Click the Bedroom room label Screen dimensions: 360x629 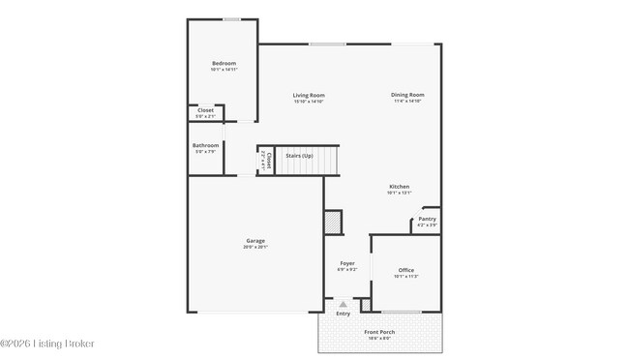(x=224, y=63)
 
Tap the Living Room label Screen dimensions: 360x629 (x=309, y=95)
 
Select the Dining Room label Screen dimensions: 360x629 (x=407, y=95)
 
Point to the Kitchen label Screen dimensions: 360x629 (x=399, y=186)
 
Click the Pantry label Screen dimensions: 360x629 (x=427, y=219)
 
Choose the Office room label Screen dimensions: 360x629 (x=405, y=270)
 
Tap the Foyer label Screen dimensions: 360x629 (x=346, y=263)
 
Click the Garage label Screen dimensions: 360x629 (x=255, y=241)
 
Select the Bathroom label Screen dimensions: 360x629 (x=205, y=145)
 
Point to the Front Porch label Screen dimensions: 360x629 (x=377, y=332)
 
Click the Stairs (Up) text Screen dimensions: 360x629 (x=300, y=156)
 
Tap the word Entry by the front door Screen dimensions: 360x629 (x=343, y=314)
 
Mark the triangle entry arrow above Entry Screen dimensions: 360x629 (x=343, y=304)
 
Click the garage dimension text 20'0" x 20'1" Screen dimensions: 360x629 (x=255, y=247)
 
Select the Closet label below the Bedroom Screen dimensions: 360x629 (x=205, y=110)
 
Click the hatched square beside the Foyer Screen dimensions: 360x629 (x=333, y=222)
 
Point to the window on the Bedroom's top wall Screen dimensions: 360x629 (x=232, y=18)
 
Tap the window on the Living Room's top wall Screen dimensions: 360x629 (x=327, y=43)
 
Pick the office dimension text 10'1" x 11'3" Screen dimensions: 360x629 (x=405, y=276)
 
